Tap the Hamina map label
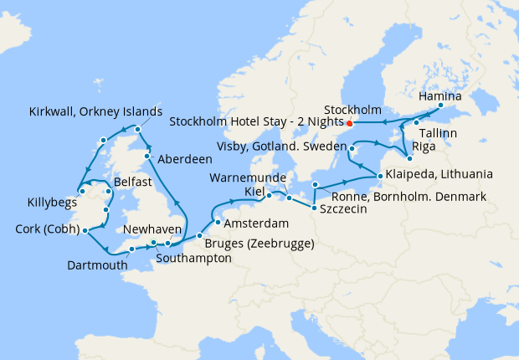(x=439, y=96)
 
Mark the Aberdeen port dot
(x=146, y=157)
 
